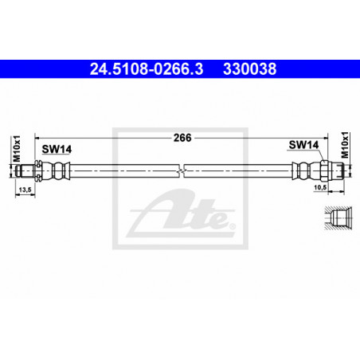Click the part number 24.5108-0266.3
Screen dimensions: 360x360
click(147, 69)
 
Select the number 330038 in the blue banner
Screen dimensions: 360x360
click(250, 69)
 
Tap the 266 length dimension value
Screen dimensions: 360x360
click(182, 138)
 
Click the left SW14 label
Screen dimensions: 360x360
click(57, 149)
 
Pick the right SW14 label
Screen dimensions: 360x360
click(303, 145)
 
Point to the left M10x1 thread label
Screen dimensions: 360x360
click(17, 148)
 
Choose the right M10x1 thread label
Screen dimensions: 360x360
click(345, 145)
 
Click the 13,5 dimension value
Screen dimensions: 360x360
click(25, 190)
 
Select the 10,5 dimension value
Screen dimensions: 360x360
click(320, 187)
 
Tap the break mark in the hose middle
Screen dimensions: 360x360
click(182, 170)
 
